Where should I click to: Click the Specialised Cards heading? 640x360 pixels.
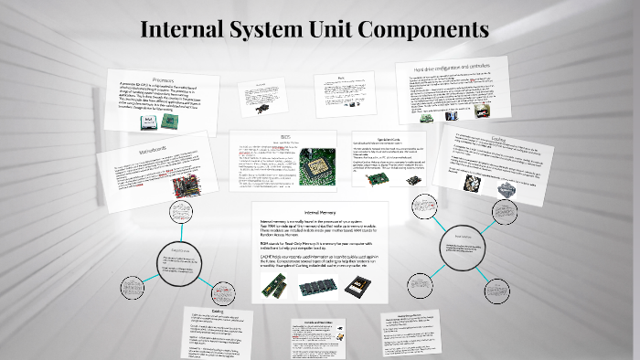pos(377,139)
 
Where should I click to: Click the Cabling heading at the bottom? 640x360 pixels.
pos(217,312)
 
